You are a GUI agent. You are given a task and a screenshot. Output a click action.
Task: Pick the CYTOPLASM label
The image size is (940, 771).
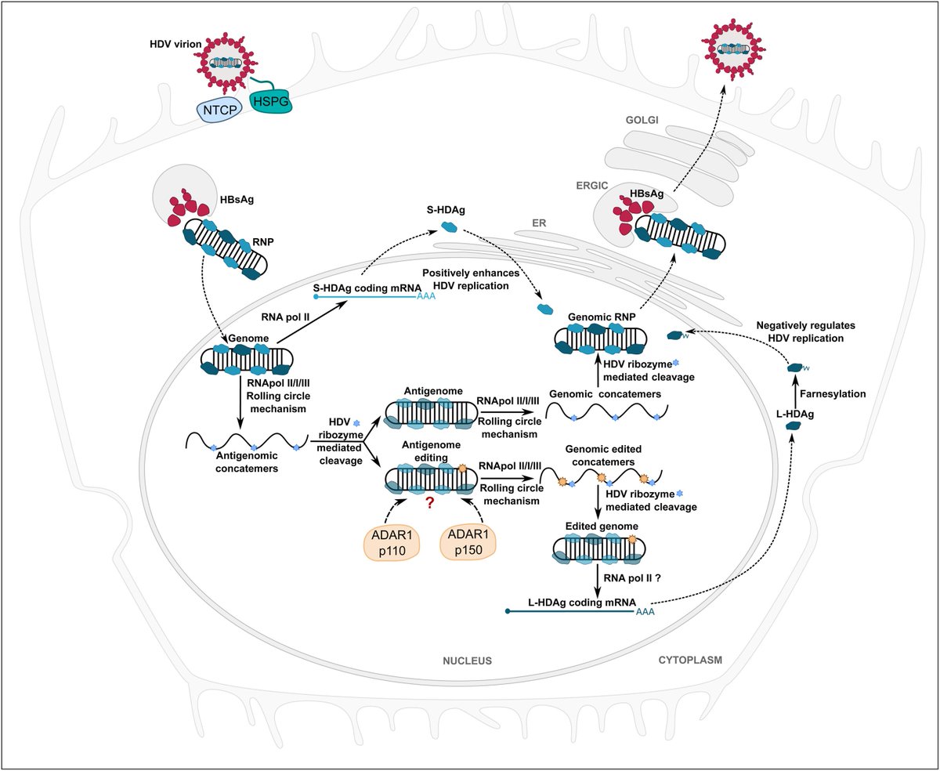[686, 660]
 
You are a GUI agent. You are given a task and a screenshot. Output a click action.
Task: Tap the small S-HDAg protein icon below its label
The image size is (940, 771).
[450, 226]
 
